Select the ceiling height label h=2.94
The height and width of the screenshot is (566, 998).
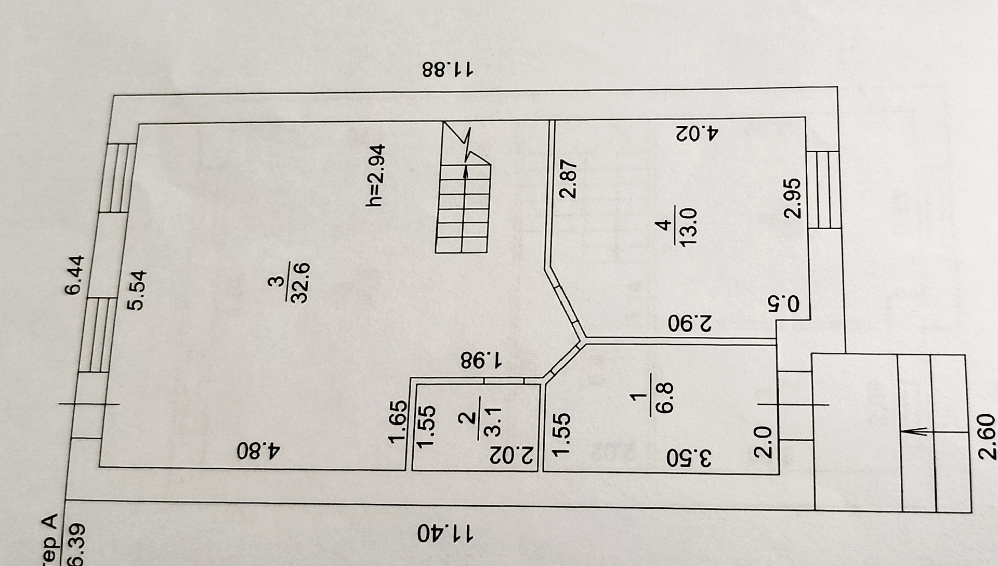pos(376,176)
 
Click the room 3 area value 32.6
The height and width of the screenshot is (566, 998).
pos(302,282)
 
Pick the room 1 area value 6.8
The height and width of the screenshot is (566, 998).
pos(665,397)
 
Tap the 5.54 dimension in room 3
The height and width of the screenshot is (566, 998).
pos(138,290)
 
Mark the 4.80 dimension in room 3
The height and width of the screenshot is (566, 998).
pos(258,451)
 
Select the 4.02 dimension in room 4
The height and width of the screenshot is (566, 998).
pos(697,133)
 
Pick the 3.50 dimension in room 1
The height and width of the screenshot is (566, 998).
pos(690,458)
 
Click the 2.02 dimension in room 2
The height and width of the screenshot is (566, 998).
pos(513,455)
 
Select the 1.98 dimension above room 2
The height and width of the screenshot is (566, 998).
pos(482,359)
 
